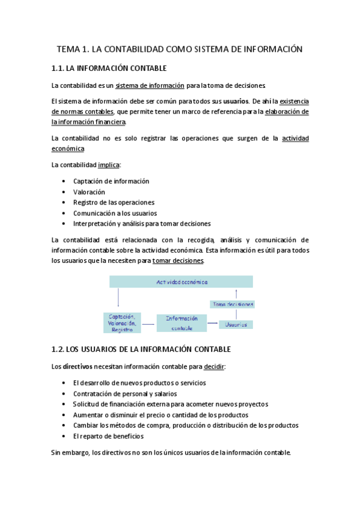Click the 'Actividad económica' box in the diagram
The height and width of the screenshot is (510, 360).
click(182, 281)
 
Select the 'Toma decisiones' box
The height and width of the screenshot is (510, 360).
click(232, 304)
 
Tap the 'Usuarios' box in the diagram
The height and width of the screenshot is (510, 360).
click(236, 324)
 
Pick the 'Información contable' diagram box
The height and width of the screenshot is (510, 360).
click(182, 323)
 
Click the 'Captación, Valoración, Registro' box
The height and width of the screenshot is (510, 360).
click(122, 322)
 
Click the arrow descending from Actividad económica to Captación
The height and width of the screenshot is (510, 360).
click(118, 298)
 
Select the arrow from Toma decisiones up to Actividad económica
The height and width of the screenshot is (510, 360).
click(237, 293)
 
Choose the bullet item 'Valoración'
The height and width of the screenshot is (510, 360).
click(89, 192)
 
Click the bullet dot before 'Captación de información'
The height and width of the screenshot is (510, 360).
click(64, 181)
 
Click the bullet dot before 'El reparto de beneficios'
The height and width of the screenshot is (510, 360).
click(64, 436)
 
